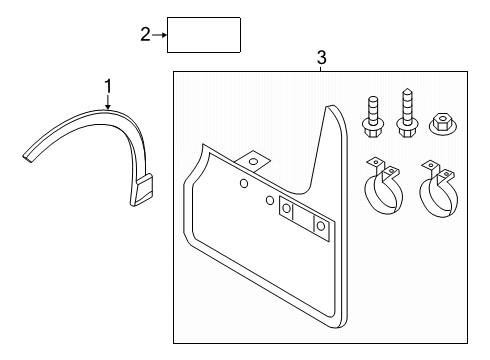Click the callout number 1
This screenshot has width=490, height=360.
pyautogui.click(x=108, y=86)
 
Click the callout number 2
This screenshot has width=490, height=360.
pyautogui.click(x=145, y=35)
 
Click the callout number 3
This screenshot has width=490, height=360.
pyautogui.click(x=321, y=58)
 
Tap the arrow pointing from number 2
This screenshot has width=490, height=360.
pyautogui.click(x=159, y=35)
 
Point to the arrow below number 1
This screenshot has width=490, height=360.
pyautogui.click(x=108, y=101)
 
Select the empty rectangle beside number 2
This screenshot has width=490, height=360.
pyautogui.click(x=204, y=35)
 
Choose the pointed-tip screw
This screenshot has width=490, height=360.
pyautogui.click(x=407, y=113)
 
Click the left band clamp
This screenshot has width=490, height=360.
pyautogui.click(x=384, y=187)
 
